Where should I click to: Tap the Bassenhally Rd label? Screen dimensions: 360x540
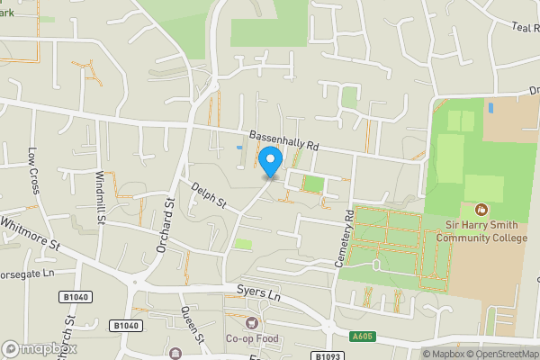coord(284,138)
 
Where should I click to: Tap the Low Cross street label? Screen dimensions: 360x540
coord(34,171)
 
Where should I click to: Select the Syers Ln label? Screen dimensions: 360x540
coord(259,293)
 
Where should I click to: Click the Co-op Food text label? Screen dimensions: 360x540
coord(253,339)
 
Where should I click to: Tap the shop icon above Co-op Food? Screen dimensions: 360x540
coord(253,322)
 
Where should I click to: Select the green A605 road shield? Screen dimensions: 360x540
coord(362,337)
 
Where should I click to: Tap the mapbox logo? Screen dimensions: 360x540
coord(40,348)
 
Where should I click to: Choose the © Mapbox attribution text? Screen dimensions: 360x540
coord(442,354)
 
